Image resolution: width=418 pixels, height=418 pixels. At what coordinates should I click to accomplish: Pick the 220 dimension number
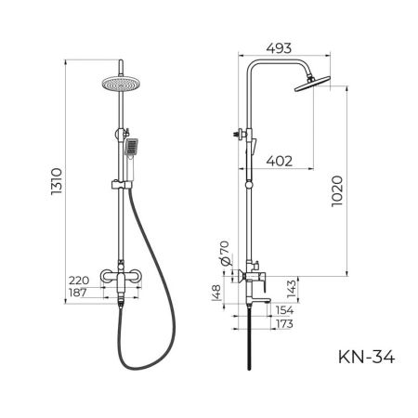(x=81, y=279)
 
